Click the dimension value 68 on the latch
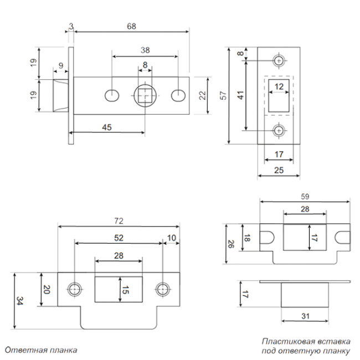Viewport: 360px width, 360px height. pos(131,26)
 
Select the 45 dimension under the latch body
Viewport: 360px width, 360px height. pos(107,127)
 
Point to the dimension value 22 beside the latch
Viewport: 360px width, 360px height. pos(203,95)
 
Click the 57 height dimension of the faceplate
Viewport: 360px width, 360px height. pos(223,95)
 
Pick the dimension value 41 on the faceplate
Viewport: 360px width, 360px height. pos(240,95)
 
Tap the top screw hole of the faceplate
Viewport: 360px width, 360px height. pos(279,60)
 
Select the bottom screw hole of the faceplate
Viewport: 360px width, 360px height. pos(279,131)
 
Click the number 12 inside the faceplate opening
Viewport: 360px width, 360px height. pos(279,86)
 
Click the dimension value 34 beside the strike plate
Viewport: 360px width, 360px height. pos(20,301)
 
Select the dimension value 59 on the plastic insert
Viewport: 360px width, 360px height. pos(304,197)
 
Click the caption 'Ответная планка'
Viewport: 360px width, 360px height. pos(41,350)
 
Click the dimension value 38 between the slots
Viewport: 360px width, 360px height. pos(145,49)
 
